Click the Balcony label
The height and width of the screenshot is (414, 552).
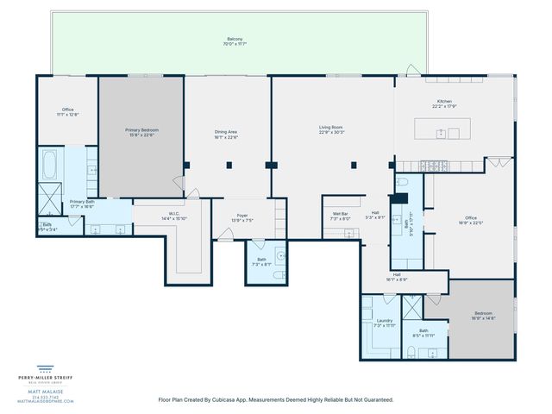[235, 39]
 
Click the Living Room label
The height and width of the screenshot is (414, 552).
[331, 128]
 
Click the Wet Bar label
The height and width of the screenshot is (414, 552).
[340, 215]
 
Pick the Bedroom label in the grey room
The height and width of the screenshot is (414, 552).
[483, 313]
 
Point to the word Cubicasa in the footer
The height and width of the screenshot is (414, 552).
[250, 399]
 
